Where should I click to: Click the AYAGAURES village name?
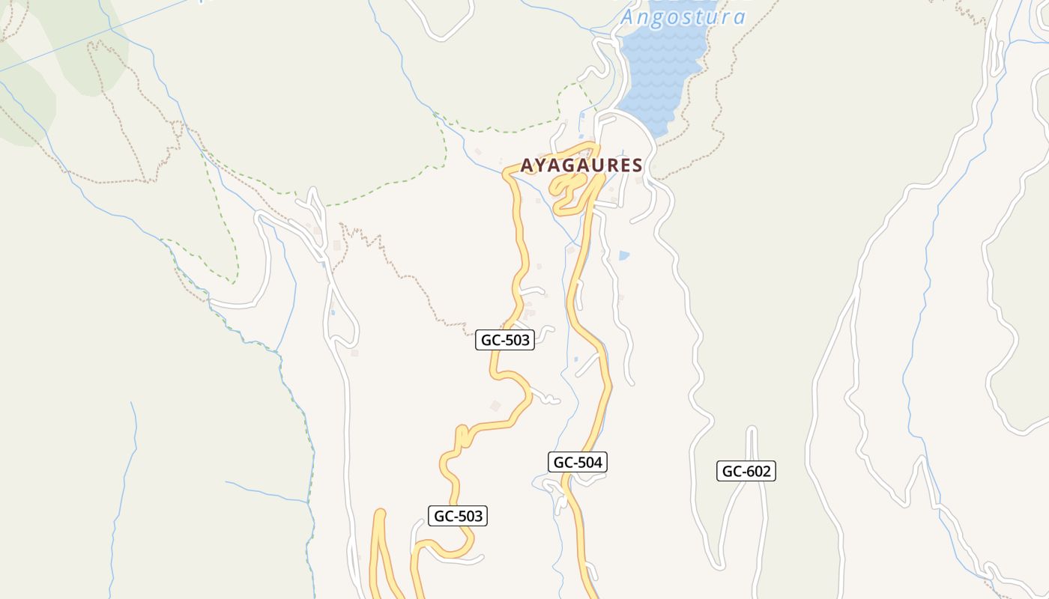pos(581,165)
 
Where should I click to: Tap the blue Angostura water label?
pos(683,16)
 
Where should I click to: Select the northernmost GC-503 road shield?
pos(506,340)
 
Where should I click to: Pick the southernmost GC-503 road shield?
pos(459,515)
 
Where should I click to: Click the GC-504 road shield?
pos(577,462)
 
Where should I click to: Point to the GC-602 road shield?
pos(746,471)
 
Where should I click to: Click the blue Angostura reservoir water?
pos(659,75)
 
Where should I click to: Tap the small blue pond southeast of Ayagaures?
pos(624,255)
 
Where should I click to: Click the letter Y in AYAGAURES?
pos(541,165)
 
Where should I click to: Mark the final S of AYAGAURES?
pos(637,165)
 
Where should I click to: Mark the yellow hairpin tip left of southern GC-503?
pos(380,513)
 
